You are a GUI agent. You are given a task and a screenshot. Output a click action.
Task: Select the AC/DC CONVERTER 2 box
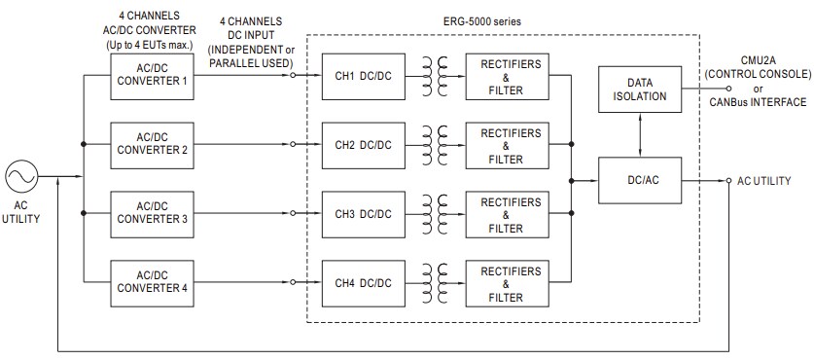(x=152, y=144)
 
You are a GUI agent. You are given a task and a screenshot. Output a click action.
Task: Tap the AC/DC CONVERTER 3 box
(x=152, y=213)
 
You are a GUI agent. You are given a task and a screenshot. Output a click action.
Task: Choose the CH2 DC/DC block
(x=363, y=144)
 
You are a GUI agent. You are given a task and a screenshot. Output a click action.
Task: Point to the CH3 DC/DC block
(x=363, y=213)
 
